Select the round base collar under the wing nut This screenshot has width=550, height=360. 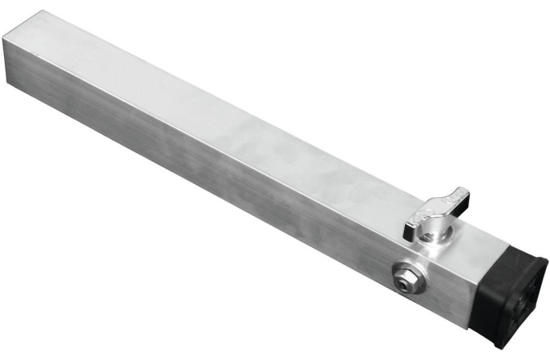pos(431,234)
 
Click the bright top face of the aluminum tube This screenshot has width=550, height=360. pos(246,131)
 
